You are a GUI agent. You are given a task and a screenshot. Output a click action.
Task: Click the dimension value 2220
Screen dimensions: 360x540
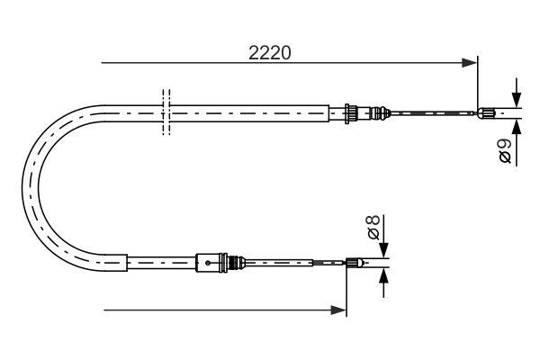click(x=269, y=53)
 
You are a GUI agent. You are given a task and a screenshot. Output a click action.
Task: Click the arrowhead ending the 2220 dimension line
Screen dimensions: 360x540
click(x=469, y=63)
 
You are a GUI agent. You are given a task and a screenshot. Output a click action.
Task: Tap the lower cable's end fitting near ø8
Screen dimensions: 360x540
click(x=354, y=263)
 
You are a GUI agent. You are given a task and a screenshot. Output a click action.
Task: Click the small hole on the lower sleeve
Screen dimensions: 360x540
click(x=208, y=263)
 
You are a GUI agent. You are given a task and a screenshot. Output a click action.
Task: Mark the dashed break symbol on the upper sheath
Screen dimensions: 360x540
click(x=164, y=112)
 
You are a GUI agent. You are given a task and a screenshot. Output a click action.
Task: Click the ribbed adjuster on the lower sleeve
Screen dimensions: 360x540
click(x=238, y=263)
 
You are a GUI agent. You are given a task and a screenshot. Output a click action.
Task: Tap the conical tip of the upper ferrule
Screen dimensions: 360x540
click(x=382, y=112)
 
